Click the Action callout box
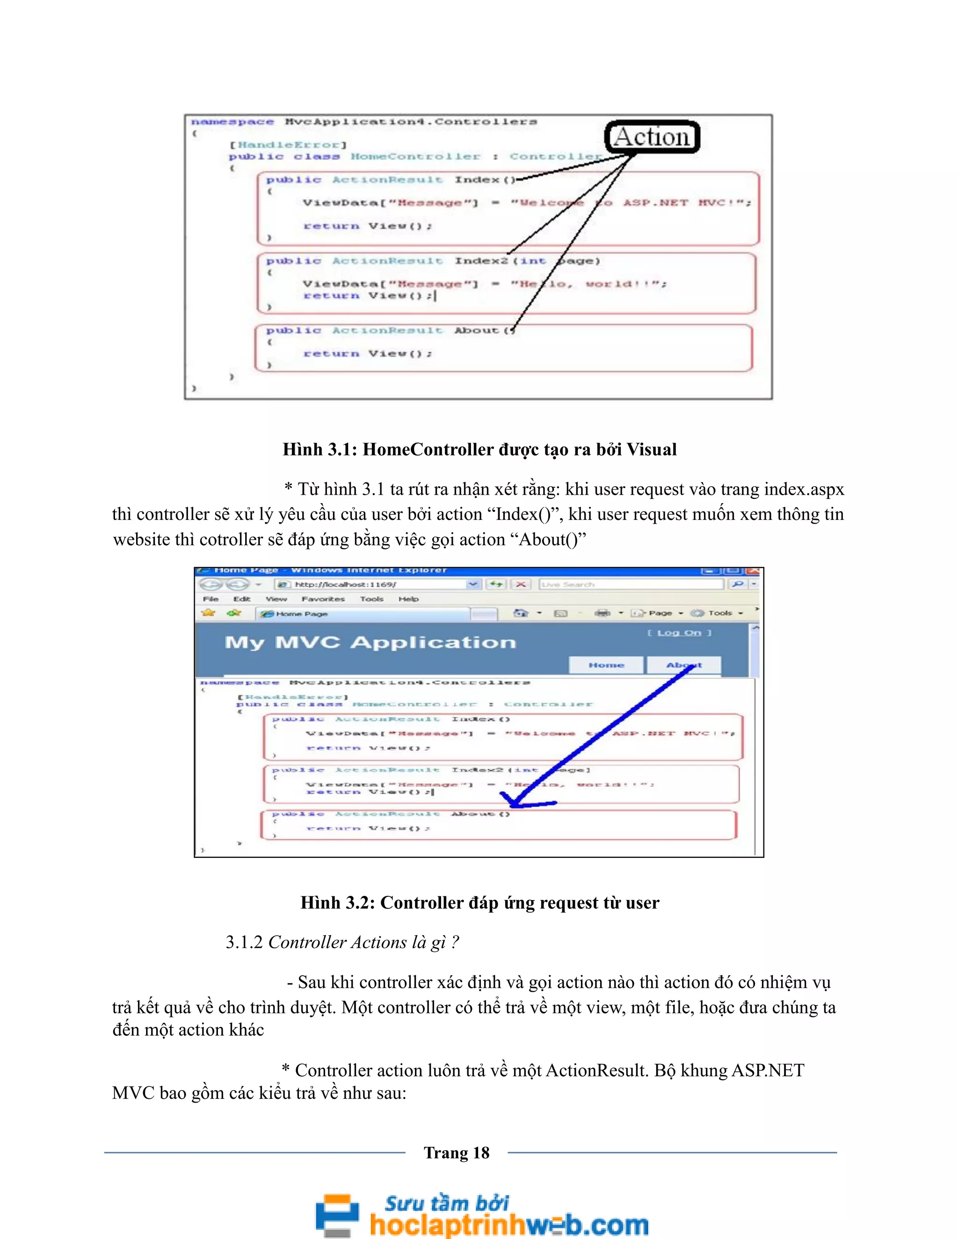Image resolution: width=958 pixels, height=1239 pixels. [652, 137]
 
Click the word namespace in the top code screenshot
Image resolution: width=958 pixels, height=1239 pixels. [232, 122]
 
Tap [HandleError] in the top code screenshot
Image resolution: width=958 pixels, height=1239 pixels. [288, 144]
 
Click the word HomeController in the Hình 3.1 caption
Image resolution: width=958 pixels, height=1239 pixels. [428, 449]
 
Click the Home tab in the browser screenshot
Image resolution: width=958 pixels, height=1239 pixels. [606, 665]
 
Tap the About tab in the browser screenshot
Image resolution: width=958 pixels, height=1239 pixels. [684, 665]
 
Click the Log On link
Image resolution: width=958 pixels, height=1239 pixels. [679, 633]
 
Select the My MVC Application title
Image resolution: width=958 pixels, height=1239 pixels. [370, 642]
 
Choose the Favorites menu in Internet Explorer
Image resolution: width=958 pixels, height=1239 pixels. [323, 598]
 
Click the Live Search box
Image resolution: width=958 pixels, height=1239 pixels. [630, 584]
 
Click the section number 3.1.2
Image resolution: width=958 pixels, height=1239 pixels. [244, 942]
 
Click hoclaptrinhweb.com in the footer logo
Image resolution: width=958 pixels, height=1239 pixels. [508, 1224]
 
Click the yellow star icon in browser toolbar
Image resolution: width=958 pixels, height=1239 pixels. [208, 612]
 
